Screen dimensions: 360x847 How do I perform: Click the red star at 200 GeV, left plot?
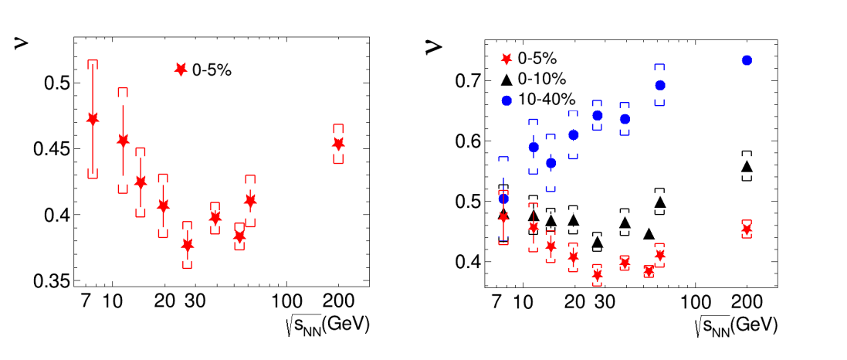(x=338, y=144)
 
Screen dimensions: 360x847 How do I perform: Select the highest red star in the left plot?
(x=93, y=119)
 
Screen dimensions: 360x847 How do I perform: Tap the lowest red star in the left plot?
(x=187, y=246)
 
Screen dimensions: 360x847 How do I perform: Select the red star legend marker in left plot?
(x=181, y=70)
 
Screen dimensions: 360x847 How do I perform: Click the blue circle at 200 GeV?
(x=747, y=60)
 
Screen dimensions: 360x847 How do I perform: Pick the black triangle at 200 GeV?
(x=747, y=167)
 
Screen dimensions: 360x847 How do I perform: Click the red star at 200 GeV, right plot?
(x=747, y=229)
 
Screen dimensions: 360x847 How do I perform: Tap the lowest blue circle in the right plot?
(x=503, y=199)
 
